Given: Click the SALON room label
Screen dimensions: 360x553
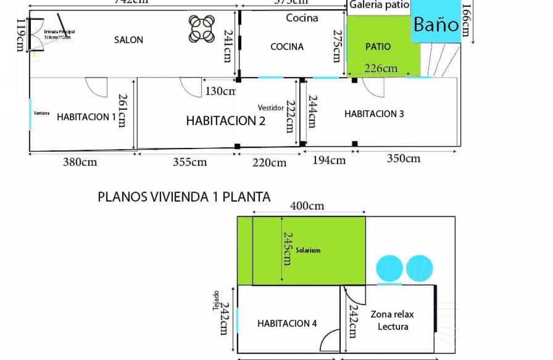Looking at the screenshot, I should pyautogui.click(x=129, y=40).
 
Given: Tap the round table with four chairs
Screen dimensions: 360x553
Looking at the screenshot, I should pyautogui.click(x=201, y=29).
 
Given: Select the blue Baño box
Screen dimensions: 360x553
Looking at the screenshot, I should pyautogui.click(x=436, y=24).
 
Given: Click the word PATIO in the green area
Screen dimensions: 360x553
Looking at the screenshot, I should pyautogui.click(x=378, y=46).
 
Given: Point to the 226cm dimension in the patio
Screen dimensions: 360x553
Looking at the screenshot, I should pyautogui.click(x=381, y=68).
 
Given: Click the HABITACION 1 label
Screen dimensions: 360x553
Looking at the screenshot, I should pyautogui.click(x=86, y=117).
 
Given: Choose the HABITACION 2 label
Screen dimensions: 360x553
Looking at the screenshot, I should pyautogui.click(x=225, y=121).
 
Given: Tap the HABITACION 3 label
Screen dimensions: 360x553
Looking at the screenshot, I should pyautogui.click(x=374, y=114).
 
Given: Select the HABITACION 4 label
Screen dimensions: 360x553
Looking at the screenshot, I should pyautogui.click(x=287, y=324).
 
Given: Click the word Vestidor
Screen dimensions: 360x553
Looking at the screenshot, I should pyautogui.click(x=271, y=108).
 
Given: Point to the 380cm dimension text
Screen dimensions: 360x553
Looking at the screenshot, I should pyautogui.click(x=80, y=162).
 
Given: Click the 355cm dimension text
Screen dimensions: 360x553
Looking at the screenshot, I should pyautogui.click(x=189, y=162).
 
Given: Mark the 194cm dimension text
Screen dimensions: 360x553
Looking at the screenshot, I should pyautogui.click(x=329, y=160).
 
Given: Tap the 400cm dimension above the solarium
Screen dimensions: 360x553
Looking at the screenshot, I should pyautogui.click(x=307, y=206).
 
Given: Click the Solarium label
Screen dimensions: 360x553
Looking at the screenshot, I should pyautogui.click(x=308, y=250).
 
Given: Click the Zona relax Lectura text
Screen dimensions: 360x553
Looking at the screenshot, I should pyautogui.click(x=392, y=320).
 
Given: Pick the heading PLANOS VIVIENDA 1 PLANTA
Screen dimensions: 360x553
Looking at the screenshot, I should pyautogui.click(x=184, y=197).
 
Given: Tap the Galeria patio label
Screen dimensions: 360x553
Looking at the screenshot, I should pyautogui.click(x=379, y=5).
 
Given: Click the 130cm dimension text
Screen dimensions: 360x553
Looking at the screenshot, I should pyautogui.click(x=220, y=91).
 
